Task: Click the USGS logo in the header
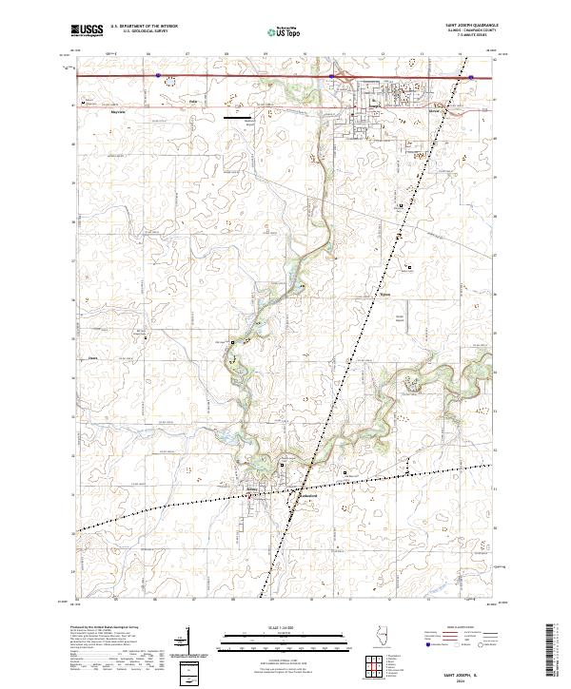click(87, 30)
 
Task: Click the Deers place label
click(93, 358)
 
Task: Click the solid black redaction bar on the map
click(239, 118)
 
